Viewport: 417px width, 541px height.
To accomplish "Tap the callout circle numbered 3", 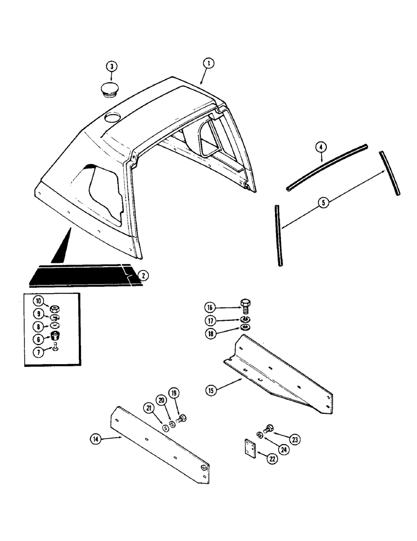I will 111,67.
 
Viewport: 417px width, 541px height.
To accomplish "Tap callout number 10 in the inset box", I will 38,301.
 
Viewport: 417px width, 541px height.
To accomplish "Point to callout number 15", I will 211,389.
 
